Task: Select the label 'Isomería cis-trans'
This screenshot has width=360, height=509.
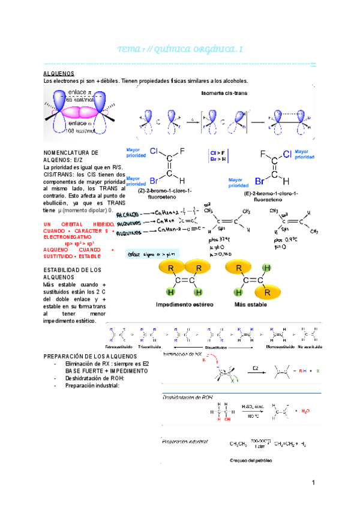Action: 224,93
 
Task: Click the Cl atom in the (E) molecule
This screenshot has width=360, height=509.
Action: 286,154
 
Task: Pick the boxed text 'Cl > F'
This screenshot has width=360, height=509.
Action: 218,153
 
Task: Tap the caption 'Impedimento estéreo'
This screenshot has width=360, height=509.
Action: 184,304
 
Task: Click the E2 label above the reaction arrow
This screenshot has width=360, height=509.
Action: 255,367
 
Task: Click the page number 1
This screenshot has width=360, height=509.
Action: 313,483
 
